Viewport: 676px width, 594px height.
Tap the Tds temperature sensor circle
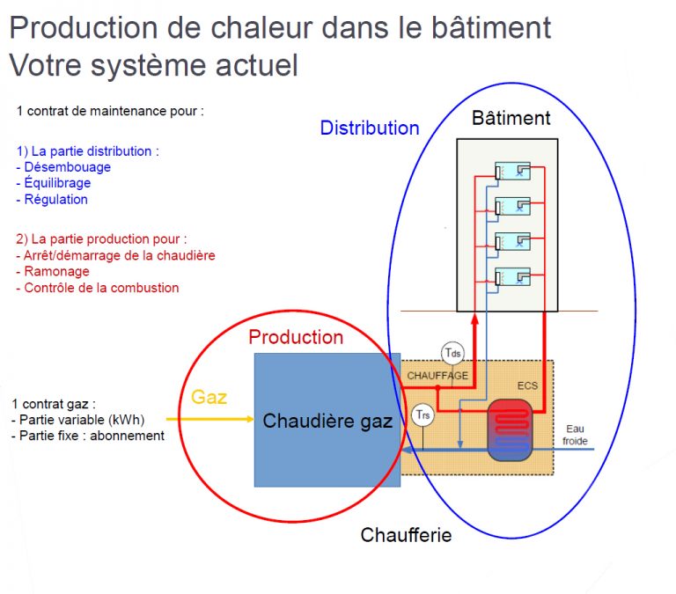pyautogui.click(x=452, y=354)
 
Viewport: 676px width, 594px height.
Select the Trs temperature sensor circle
pyautogui.click(x=422, y=415)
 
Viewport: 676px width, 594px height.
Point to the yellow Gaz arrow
pyautogui.click(x=210, y=419)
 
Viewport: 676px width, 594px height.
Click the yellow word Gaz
pyautogui.click(x=209, y=397)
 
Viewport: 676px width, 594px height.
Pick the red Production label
pyautogui.click(x=296, y=337)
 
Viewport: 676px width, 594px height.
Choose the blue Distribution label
pyautogui.click(x=370, y=128)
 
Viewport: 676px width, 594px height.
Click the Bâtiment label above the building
pyautogui.click(x=511, y=118)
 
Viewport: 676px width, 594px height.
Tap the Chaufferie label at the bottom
pyautogui.click(x=406, y=535)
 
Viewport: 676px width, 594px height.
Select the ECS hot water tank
pyautogui.click(x=510, y=430)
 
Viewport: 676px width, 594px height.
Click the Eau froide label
pyautogui.click(x=575, y=435)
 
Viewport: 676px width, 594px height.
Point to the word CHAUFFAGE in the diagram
pyautogui.click(x=437, y=376)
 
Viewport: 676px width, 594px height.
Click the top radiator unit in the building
pyautogui.click(x=512, y=171)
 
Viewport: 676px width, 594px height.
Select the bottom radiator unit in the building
pyautogui.click(x=512, y=276)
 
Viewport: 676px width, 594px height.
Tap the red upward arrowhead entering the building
pyautogui.click(x=474, y=319)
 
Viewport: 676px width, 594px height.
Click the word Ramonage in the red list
pyautogui.click(x=56, y=272)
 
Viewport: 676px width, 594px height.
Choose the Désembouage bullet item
pyautogui.click(x=63, y=167)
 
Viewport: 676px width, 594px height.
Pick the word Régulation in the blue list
pyautogui.click(x=56, y=200)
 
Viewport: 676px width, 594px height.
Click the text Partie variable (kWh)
pyautogui.click(x=82, y=420)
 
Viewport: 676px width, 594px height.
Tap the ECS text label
pyautogui.click(x=528, y=385)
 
